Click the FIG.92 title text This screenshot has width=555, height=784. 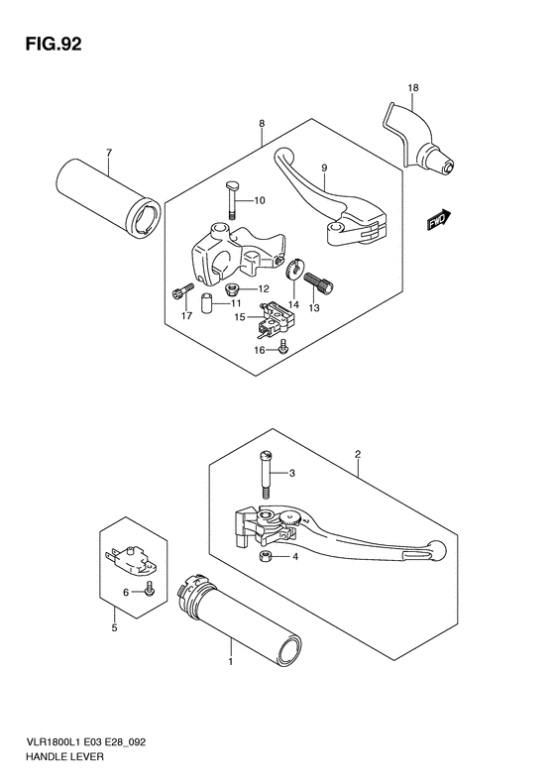(54, 45)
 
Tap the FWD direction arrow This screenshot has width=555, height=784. (439, 220)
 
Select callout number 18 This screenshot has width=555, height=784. (413, 88)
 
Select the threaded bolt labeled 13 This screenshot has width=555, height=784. (318, 281)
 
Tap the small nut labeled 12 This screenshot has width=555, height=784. (232, 288)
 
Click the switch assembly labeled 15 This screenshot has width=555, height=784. (273, 319)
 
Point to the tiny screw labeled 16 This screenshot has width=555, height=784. (284, 347)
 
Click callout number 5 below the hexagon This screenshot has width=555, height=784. (114, 628)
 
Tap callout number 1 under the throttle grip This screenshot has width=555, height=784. (231, 662)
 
